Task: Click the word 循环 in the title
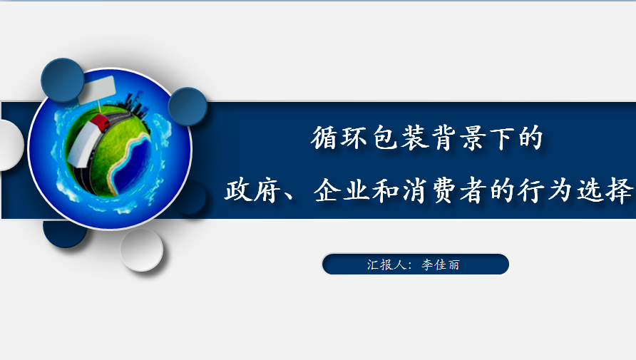(339, 138)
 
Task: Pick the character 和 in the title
(385, 190)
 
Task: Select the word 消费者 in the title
(443, 190)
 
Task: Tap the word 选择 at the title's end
(605, 190)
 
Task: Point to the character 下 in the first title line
(501, 138)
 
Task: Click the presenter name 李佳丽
(441, 264)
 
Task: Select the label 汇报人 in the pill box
(386, 264)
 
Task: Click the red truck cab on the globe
(100, 123)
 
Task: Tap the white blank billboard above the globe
(98, 90)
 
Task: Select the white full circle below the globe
(142, 250)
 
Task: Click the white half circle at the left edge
(11, 145)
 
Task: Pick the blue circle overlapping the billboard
(63, 80)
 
